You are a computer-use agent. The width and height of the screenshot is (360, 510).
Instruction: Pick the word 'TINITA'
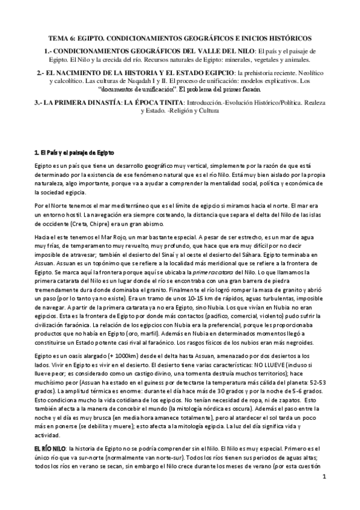pos(169,102)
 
